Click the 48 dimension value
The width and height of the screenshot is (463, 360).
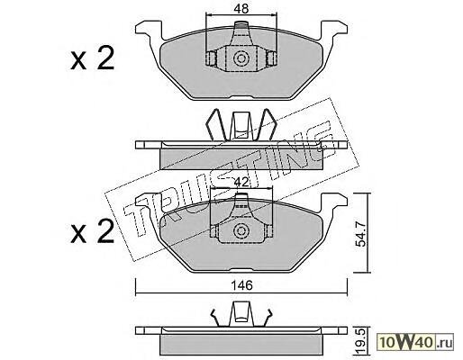click(241, 9)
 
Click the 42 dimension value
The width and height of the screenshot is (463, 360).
click(241, 182)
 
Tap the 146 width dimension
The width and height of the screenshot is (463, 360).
click(242, 285)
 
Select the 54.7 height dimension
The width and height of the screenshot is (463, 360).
click(360, 233)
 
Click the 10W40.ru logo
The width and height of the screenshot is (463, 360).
click(416, 342)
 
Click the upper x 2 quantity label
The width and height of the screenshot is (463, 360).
click(93, 58)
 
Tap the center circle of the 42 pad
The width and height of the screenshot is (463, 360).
click(241, 230)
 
